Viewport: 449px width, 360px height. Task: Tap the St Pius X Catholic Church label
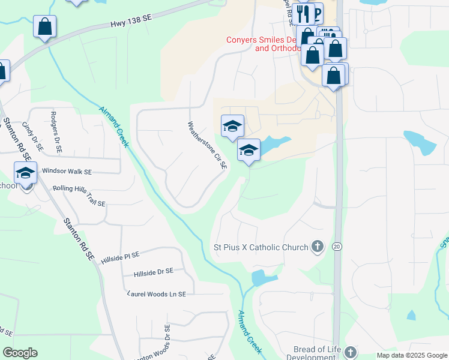pyautogui.click(x=262, y=247)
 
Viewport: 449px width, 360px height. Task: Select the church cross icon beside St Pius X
pyautogui.click(x=318, y=247)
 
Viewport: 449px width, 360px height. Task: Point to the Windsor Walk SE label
pyautogui.click(x=67, y=172)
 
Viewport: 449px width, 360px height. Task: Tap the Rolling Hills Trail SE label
pyautogui.click(x=79, y=203)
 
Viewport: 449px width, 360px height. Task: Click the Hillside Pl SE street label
pyautogui.click(x=121, y=256)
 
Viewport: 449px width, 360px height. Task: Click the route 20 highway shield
pyautogui.click(x=337, y=247)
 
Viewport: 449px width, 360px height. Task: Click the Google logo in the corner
pyautogui.click(x=20, y=353)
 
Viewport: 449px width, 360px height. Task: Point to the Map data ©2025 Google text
pyautogui.click(x=411, y=355)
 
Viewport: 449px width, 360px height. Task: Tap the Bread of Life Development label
pyautogui.click(x=317, y=353)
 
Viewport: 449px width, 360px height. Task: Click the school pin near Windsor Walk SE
pyautogui.click(x=25, y=173)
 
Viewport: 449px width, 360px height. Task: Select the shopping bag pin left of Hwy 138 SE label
pyautogui.click(x=44, y=27)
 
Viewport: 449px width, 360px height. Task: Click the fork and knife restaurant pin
pyautogui.click(x=305, y=13)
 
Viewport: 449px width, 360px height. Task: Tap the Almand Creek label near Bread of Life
pyautogui.click(x=250, y=331)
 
